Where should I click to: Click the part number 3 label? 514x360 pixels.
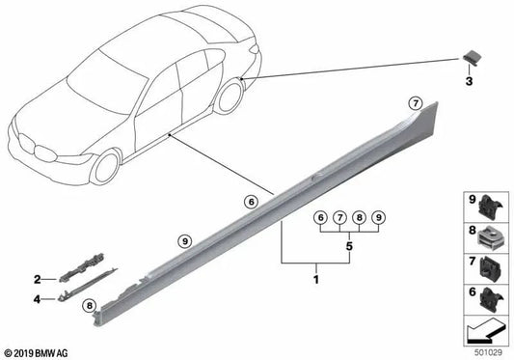pyautogui.click(x=469, y=81)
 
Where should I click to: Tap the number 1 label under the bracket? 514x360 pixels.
pyautogui.click(x=316, y=280)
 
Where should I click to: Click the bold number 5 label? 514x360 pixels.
pyautogui.click(x=349, y=246)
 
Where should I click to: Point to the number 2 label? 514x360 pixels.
pyautogui.click(x=38, y=279)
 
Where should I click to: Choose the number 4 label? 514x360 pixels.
pyautogui.click(x=37, y=299)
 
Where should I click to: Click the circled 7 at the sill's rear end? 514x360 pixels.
pyautogui.click(x=416, y=103)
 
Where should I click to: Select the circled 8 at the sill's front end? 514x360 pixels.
pyautogui.click(x=89, y=306)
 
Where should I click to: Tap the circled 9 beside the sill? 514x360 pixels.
pyautogui.click(x=185, y=241)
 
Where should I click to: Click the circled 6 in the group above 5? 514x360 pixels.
pyautogui.click(x=320, y=217)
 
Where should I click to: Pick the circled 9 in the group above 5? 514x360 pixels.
pyautogui.click(x=379, y=217)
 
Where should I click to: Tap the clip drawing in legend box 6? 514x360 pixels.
pyautogui.click(x=490, y=299)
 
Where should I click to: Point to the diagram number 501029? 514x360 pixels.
pyautogui.click(x=488, y=352)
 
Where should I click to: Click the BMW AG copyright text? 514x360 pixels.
pyautogui.click(x=36, y=353)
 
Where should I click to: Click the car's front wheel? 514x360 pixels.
pyautogui.click(x=105, y=167)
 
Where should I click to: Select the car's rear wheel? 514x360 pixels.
pyautogui.click(x=230, y=97)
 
